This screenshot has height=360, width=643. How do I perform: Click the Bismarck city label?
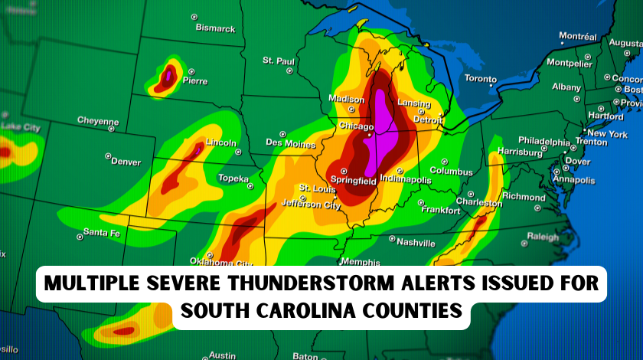[216, 28]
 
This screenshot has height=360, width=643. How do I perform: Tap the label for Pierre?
[195, 80]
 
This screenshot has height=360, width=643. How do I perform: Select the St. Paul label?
[279, 61]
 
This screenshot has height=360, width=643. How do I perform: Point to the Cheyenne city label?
[98, 121]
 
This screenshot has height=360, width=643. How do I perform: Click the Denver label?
[126, 162]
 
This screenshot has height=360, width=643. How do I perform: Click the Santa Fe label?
[101, 232]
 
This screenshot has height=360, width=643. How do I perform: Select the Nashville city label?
[416, 242]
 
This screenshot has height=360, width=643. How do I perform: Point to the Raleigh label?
[543, 237]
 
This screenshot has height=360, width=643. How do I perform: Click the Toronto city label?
[481, 79]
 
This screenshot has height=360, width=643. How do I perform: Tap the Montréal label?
[578, 36]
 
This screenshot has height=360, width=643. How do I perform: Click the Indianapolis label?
[405, 180]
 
